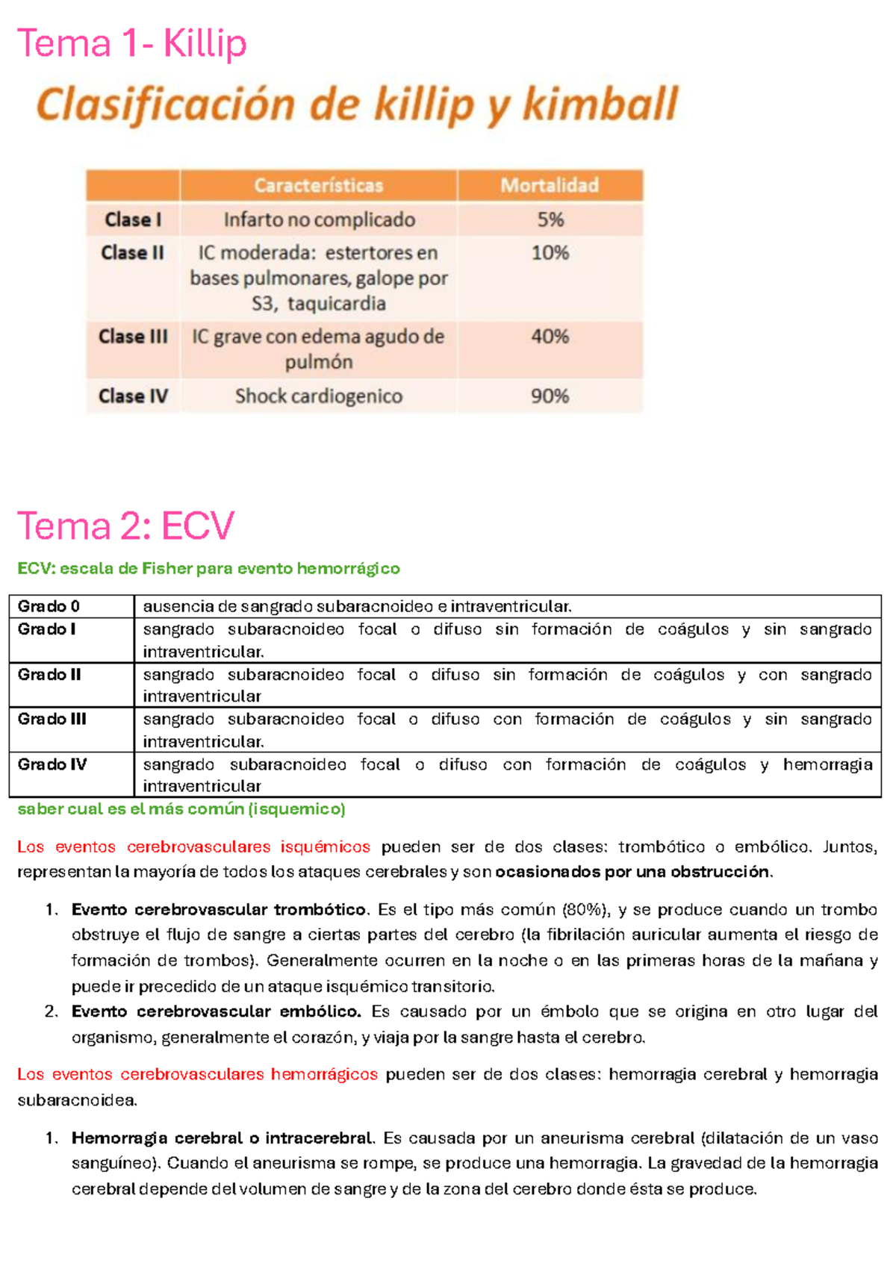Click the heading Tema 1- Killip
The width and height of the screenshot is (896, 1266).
[131, 44]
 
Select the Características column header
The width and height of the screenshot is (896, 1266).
[318, 185]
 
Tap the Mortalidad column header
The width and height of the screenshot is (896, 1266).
[550, 185]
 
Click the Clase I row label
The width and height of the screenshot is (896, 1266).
[133, 219]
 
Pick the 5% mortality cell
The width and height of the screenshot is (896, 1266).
[550, 219]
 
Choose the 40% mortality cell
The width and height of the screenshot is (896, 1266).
[550, 337]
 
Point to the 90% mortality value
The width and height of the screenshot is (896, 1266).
[550, 396]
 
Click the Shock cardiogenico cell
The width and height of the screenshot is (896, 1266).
[319, 396]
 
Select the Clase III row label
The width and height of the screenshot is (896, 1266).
[133, 337]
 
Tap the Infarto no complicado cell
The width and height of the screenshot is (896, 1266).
[319, 219]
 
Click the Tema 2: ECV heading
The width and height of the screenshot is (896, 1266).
[125, 526]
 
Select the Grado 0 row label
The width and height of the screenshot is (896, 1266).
[49, 606]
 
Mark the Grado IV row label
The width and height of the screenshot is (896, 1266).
[52, 764]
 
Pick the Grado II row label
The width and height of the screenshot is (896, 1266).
[49, 674]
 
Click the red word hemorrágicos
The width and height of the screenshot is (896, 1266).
[324, 1074]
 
